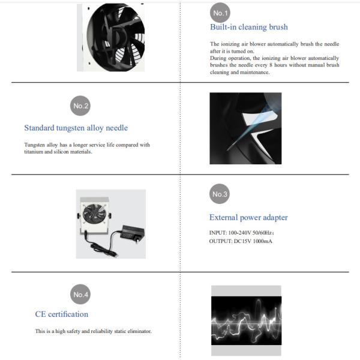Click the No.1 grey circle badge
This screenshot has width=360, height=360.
point(220,13)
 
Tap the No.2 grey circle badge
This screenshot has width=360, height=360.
point(80,106)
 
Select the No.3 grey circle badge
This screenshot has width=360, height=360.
point(220,194)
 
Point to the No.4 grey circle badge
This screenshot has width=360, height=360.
point(80,294)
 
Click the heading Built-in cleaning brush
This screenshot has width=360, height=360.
point(249,27)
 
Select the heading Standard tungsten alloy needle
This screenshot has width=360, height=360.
point(76,128)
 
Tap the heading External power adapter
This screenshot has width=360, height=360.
point(248,217)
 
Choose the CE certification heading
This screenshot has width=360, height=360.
point(62,314)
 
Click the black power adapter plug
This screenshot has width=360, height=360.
point(133,233)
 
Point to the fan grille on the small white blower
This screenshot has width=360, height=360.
point(94,214)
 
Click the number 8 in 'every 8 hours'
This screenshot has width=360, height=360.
point(271,65)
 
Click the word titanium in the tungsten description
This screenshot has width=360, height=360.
point(34,152)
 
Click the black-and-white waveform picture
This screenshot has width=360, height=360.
point(246,320)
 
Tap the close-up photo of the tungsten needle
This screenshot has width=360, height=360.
point(245,128)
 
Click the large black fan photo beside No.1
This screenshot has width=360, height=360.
point(110,37)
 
